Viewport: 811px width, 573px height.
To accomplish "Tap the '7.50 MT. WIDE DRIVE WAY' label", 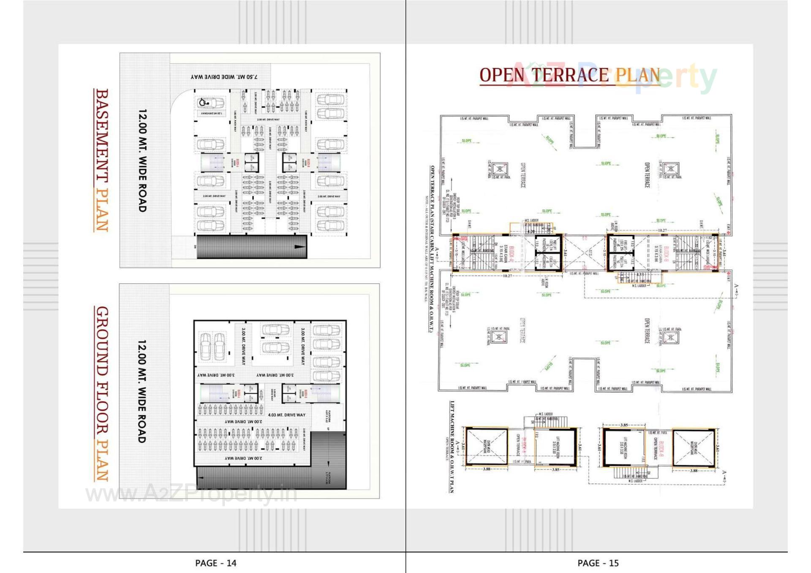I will [x=224, y=77].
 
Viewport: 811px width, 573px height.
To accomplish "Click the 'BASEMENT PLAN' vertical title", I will [x=101, y=160].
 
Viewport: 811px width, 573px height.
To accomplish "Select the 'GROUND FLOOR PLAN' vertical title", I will [x=101, y=394].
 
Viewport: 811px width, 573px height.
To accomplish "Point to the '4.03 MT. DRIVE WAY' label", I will [x=286, y=415].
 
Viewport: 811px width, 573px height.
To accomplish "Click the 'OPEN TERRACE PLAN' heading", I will [x=569, y=75].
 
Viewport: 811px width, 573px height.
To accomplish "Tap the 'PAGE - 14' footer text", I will [x=215, y=563].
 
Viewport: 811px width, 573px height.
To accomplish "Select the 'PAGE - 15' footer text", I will [x=598, y=563].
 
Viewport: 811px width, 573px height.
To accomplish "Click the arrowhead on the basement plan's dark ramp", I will [x=300, y=247].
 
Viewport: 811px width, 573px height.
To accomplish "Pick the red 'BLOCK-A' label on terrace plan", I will [x=512, y=253].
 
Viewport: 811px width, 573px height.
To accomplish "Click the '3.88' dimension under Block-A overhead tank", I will [x=487, y=469].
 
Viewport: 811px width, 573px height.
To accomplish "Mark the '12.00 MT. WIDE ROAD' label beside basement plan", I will [x=142, y=160].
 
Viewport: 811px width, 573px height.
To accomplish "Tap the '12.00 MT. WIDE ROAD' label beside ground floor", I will [x=142, y=391].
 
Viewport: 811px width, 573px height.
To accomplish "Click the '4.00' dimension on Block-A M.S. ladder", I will [x=531, y=231].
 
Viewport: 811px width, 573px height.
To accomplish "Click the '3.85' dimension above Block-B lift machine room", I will [x=624, y=425].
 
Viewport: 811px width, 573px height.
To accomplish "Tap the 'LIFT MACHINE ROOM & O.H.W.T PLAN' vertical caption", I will [x=452, y=447].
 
